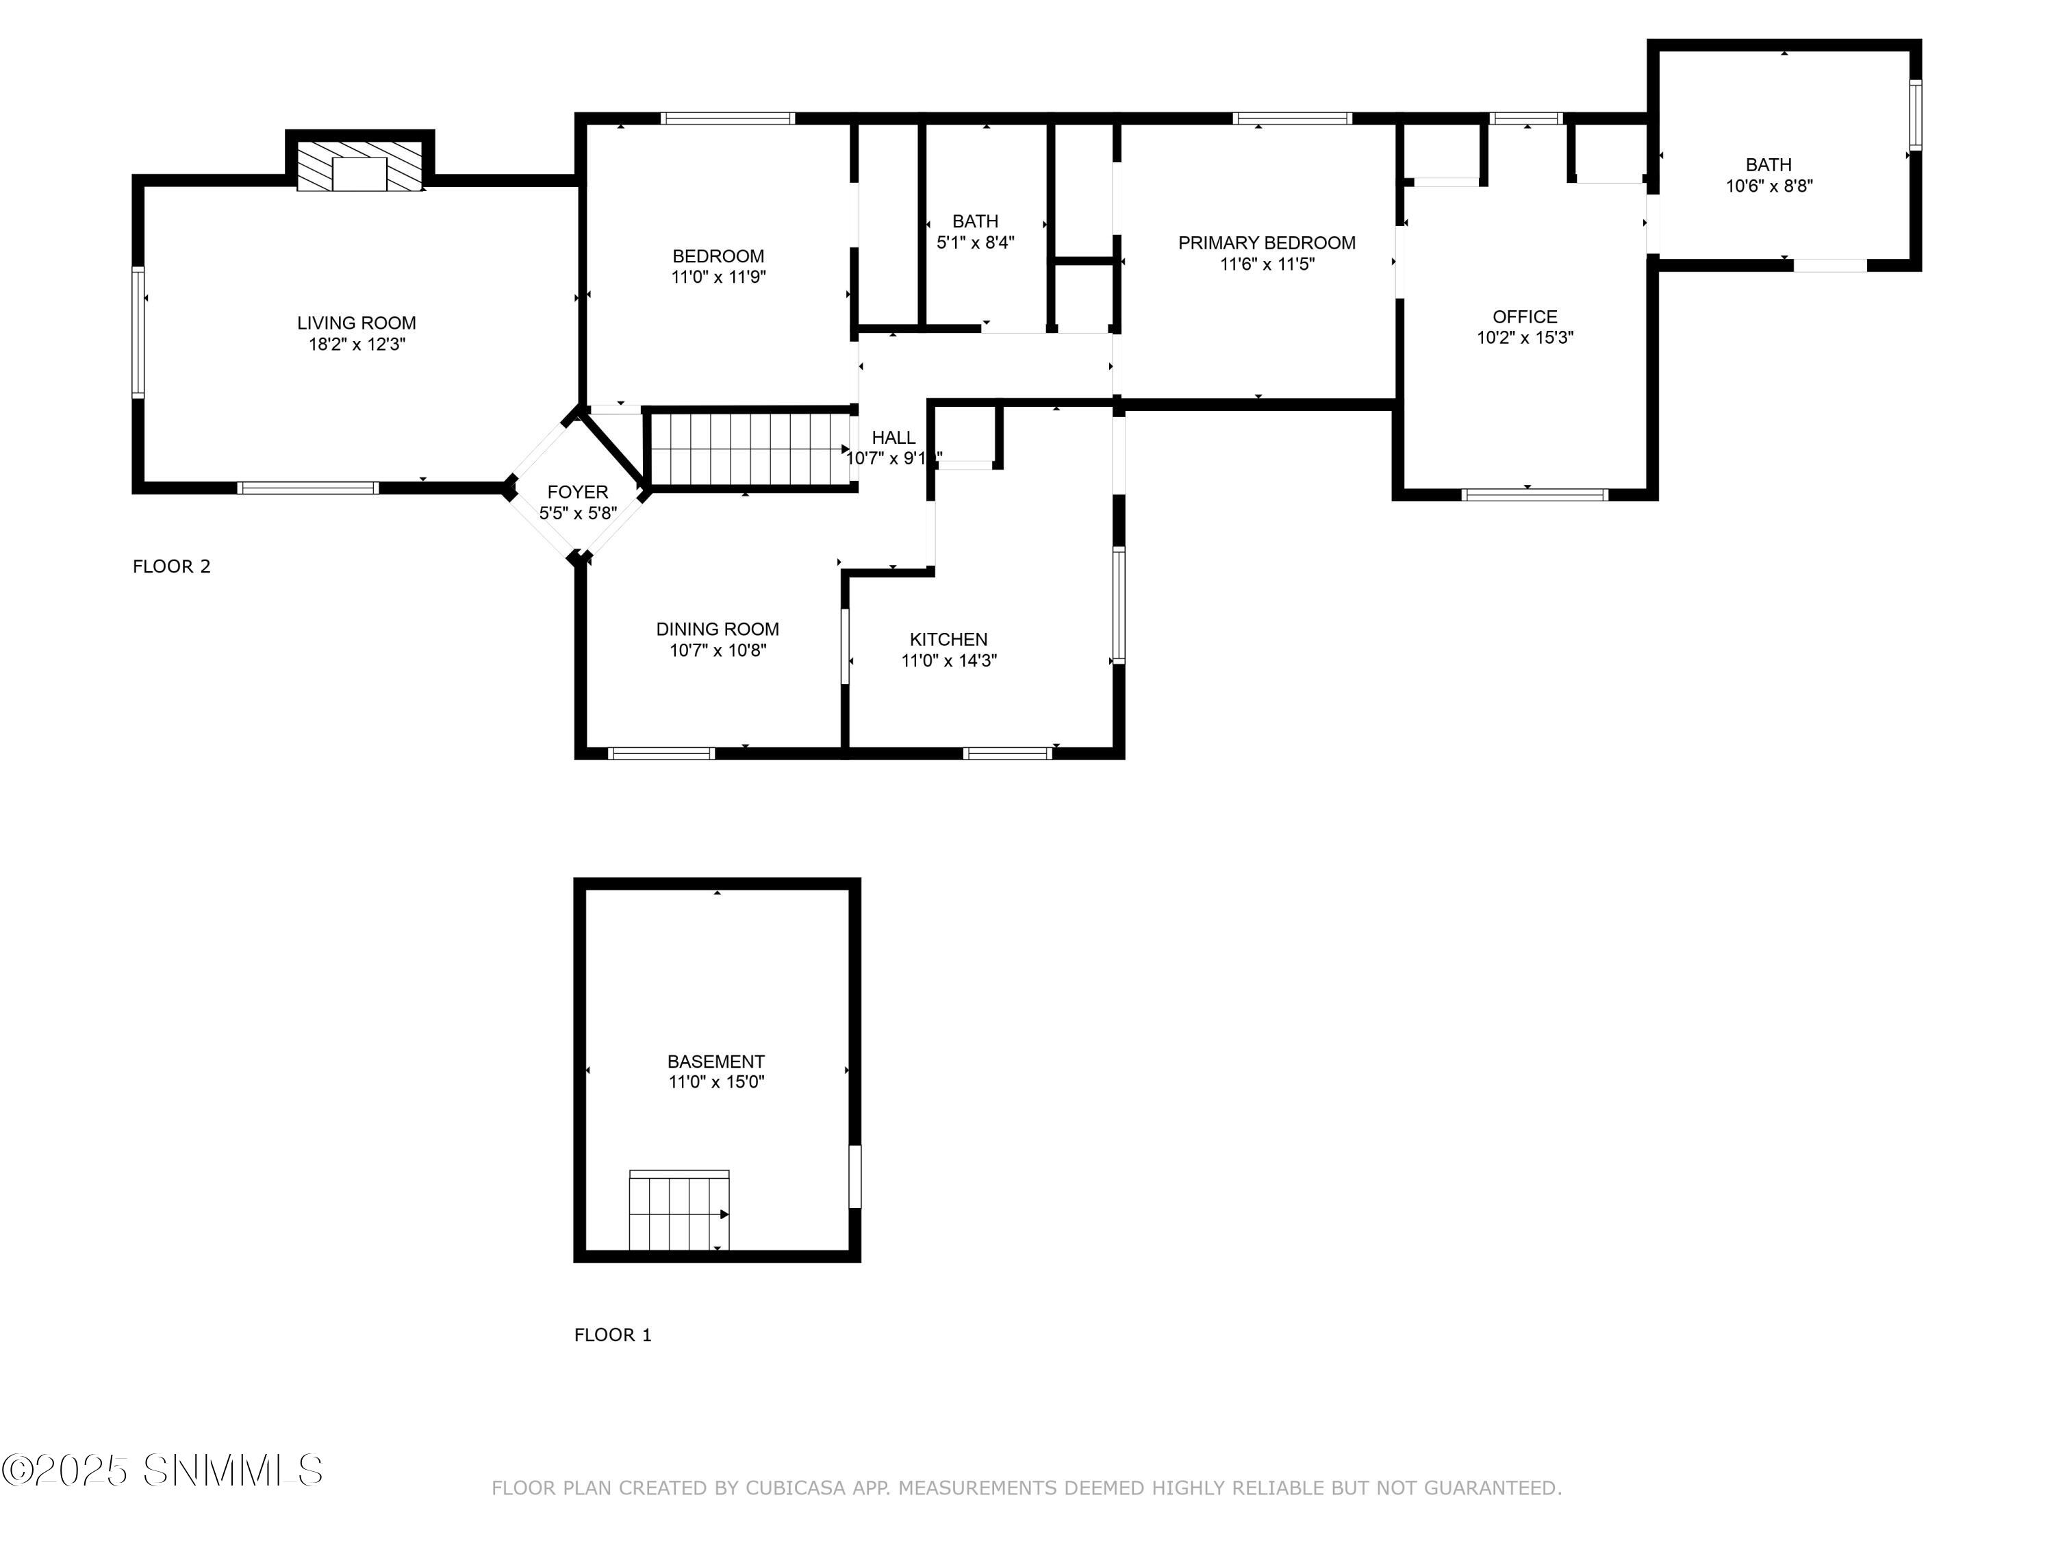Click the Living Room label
click(357, 323)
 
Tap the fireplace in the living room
click(359, 167)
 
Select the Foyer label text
click(578, 492)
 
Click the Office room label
click(1525, 316)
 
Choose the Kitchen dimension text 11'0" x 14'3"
click(949, 660)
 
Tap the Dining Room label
click(718, 629)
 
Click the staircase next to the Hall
click(750, 449)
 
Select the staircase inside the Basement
click(679, 1210)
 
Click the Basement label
click(716, 1061)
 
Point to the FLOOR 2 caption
click(172, 566)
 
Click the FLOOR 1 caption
click(613, 1335)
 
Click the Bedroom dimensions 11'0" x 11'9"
click(719, 277)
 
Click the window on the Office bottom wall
click(1535, 494)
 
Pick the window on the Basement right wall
click(855, 1176)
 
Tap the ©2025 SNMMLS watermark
click(162, 1470)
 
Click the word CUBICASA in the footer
click(795, 1488)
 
